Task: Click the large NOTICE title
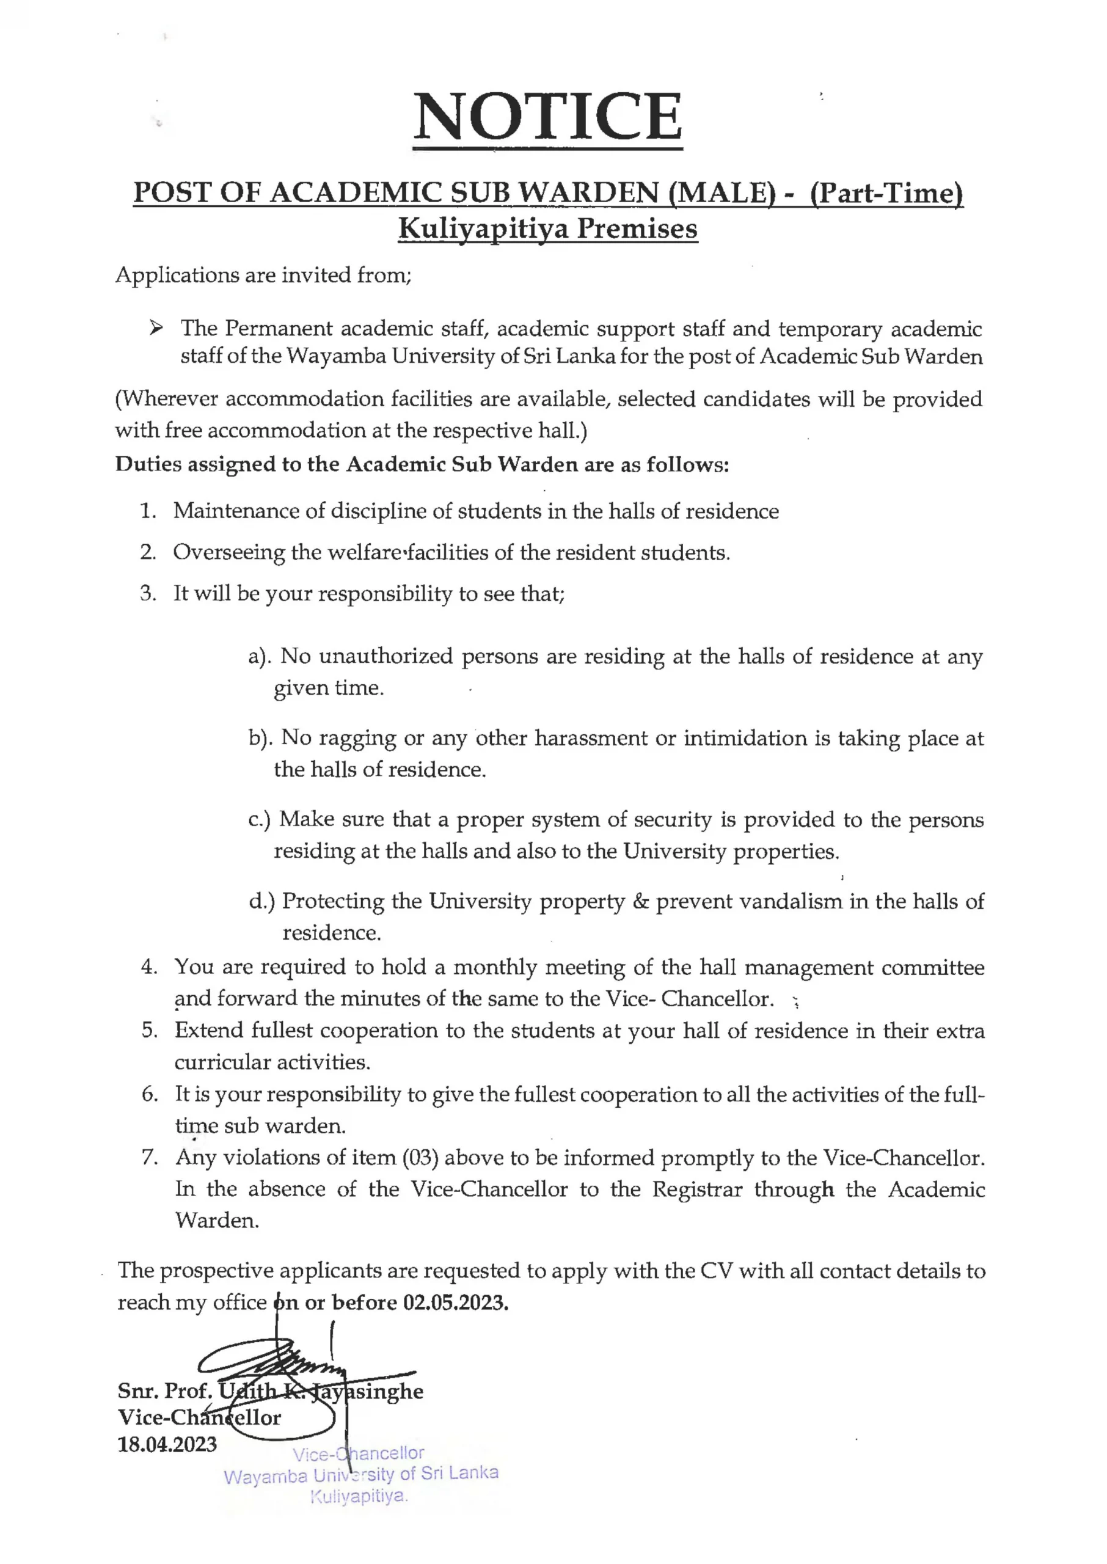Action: coord(547,117)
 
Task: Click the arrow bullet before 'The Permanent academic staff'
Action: coord(156,329)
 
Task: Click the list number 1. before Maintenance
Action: coord(148,511)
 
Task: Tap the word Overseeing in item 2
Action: coord(228,553)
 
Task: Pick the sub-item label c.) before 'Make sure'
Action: coord(260,820)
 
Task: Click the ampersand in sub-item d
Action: coord(640,902)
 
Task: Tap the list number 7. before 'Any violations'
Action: coord(149,1158)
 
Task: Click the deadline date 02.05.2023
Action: coord(455,1303)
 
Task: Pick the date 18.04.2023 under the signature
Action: coord(167,1444)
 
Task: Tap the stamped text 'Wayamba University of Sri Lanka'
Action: coord(361,1475)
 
